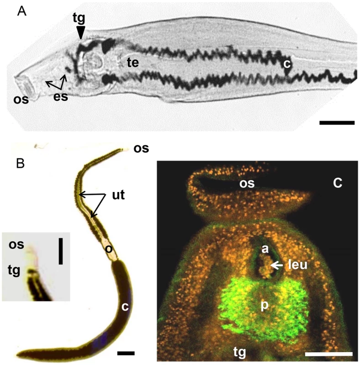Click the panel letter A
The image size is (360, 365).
click(x=21, y=11)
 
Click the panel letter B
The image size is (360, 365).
click(x=20, y=163)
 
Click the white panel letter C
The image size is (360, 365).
click(x=337, y=183)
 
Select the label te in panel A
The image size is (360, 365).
click(x=133, y=63)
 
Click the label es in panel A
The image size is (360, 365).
click(x=61, y=97)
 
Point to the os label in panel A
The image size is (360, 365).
click(x=21, y=99)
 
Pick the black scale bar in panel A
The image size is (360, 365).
click(x=337, y=123)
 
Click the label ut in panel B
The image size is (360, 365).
click(x=118, y=195)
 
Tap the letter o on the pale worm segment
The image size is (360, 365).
click(x=108, y=249)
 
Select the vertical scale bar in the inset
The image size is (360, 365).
click(x=61, y=251)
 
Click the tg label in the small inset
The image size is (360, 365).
click(x=14, y=271)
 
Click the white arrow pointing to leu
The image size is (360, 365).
click(x=276, y=265)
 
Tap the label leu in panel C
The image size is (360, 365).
click(x=298, y=265)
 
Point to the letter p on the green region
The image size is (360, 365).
click(x=265, y=305)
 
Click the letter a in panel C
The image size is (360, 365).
click(x=265, y=249)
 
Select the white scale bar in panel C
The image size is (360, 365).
click(x=328, y=354)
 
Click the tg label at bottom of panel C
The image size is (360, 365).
click(x=240, y=352)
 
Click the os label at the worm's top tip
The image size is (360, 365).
click(x=141, y=148)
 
